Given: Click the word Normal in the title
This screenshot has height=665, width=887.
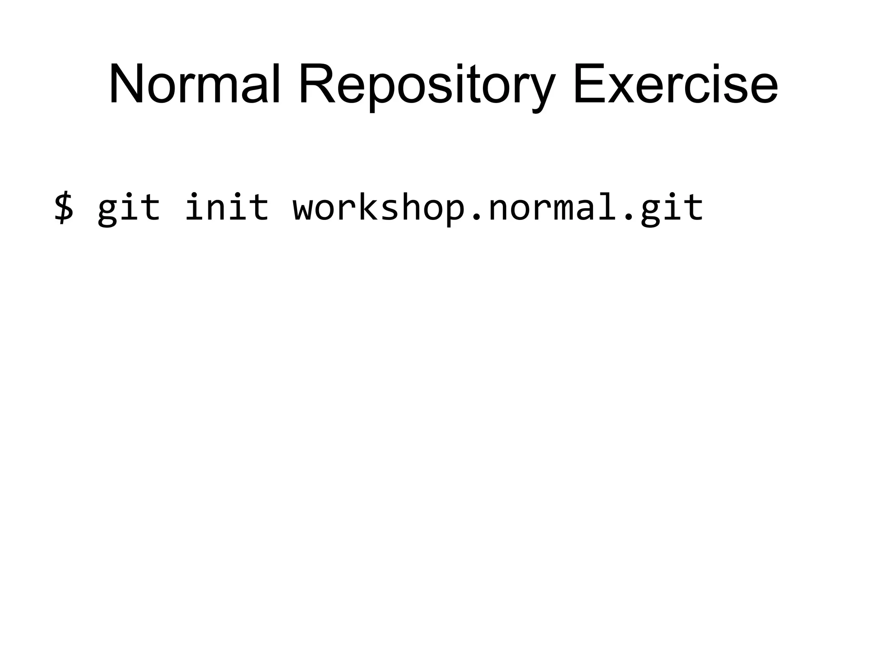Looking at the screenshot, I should click(194, 84).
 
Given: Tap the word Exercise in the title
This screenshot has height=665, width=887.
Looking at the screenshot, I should click(675, 84).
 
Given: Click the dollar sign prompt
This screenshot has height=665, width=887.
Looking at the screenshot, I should click(64, 208).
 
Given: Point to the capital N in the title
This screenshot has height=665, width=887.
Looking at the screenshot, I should click(126, 84).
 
